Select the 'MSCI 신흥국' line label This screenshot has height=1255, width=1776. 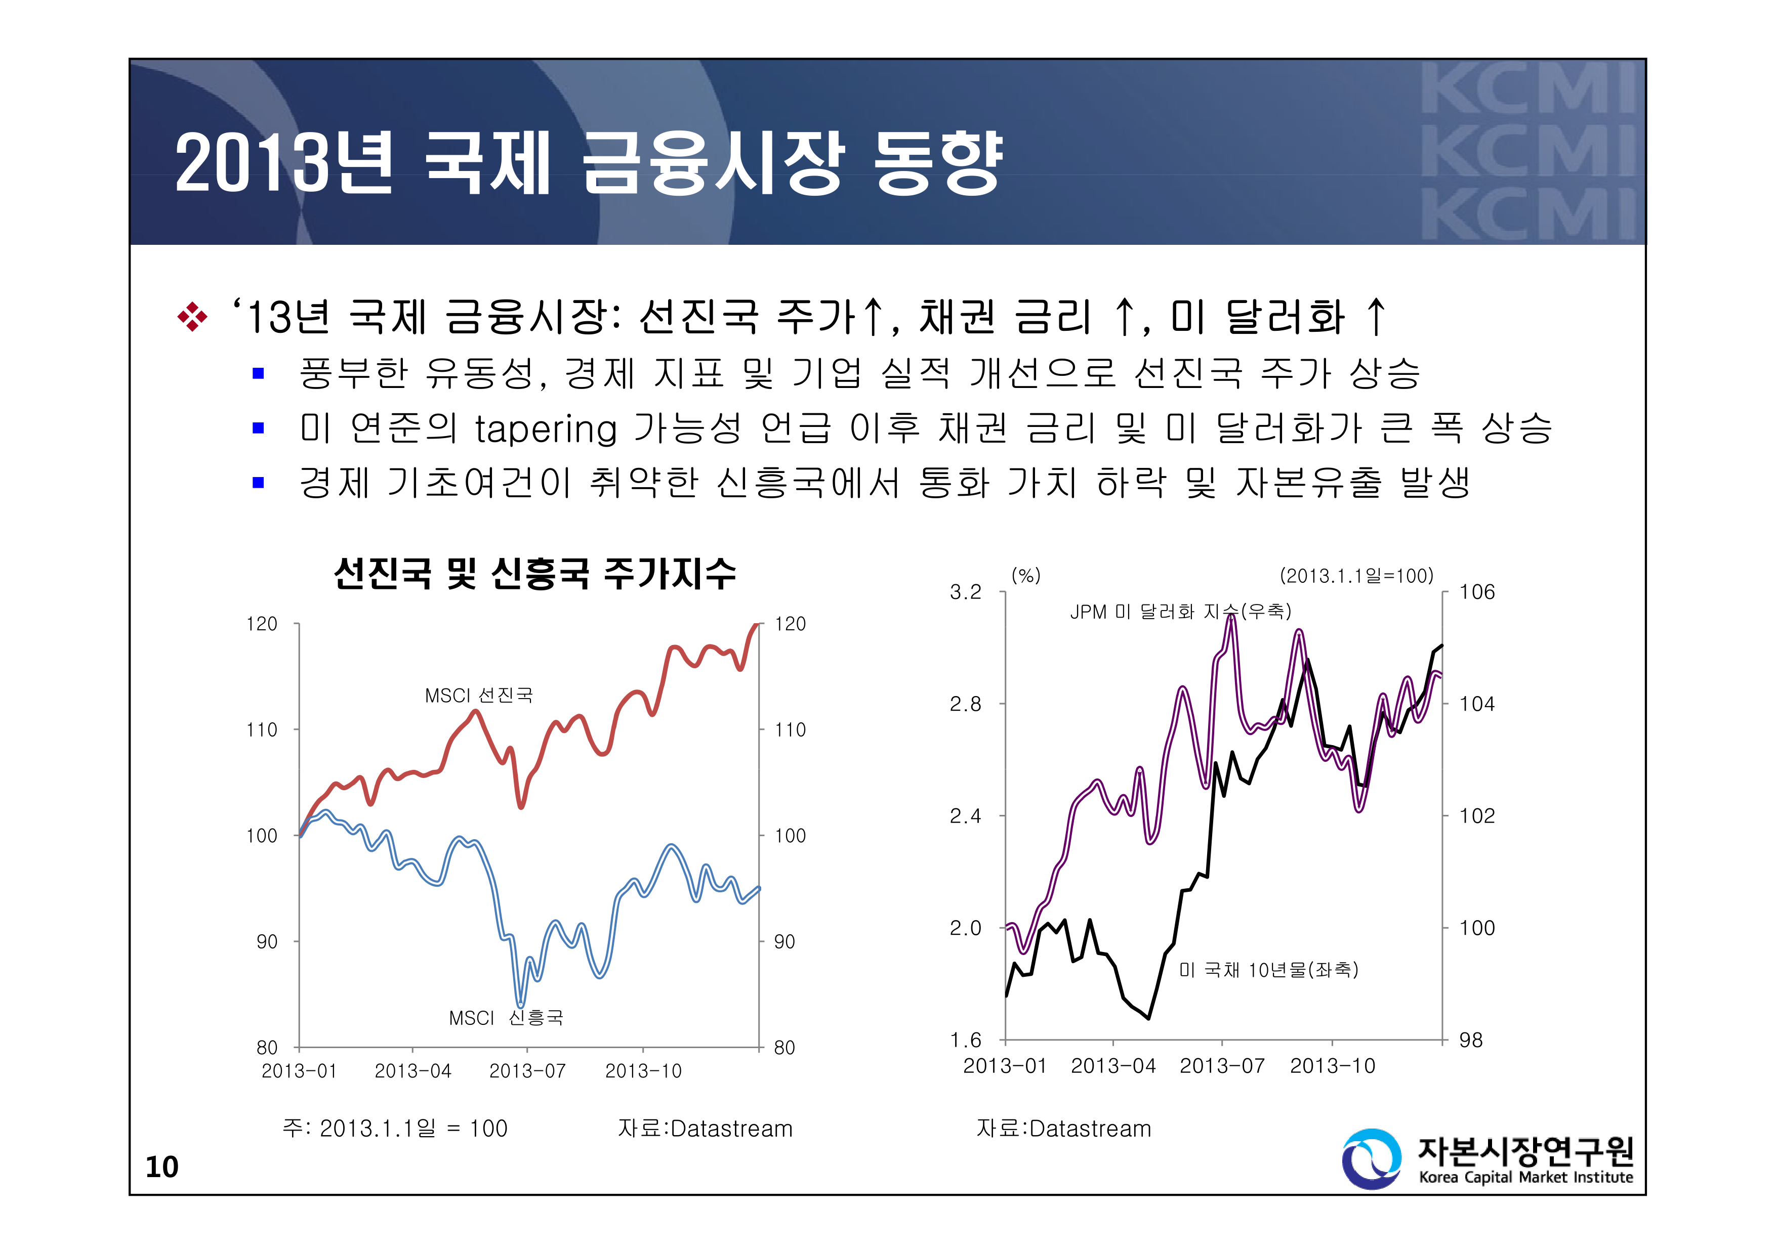click(506, 1018)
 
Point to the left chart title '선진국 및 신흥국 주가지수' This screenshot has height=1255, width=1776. click(534, 574)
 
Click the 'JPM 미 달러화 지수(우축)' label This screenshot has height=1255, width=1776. click(1180, 612)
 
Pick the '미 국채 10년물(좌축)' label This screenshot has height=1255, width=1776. click(1268, 970)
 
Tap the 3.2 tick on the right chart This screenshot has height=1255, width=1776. click(965, 592)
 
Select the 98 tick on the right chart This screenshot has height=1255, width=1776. click(1470, 1040)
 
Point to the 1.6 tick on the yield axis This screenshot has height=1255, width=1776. click(965, 1040)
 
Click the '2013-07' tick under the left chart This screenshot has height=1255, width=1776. click(527, 1071)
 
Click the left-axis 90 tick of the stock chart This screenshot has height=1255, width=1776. click(266, 942)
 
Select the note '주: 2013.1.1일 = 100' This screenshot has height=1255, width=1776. click(394, 1128)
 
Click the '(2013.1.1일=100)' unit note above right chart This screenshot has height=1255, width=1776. click(1356, 575)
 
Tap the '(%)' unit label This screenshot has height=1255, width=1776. click(1026, 575)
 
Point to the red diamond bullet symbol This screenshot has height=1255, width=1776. click(192, 317)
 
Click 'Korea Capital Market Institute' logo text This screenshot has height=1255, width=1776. click(1525, 1177)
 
